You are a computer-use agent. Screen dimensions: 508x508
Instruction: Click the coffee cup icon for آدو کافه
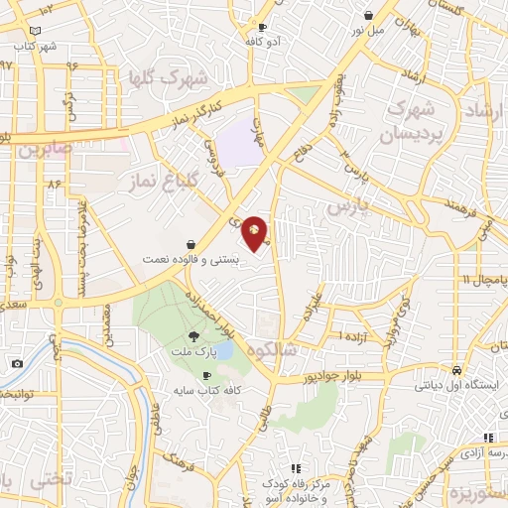(x=262, y=27)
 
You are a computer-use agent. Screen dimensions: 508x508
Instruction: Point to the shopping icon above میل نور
(x=369, y=16)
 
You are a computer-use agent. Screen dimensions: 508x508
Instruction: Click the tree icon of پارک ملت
(x=206, y=336)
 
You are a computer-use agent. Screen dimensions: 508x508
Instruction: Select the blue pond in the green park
(x=224, y=349)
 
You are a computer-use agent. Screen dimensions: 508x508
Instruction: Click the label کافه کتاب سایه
(x=205, y=390)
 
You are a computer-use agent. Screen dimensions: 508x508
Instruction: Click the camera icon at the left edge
(x=17, y=364)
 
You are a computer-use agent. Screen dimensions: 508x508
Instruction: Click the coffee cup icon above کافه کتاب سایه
(x=206, y=375)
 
